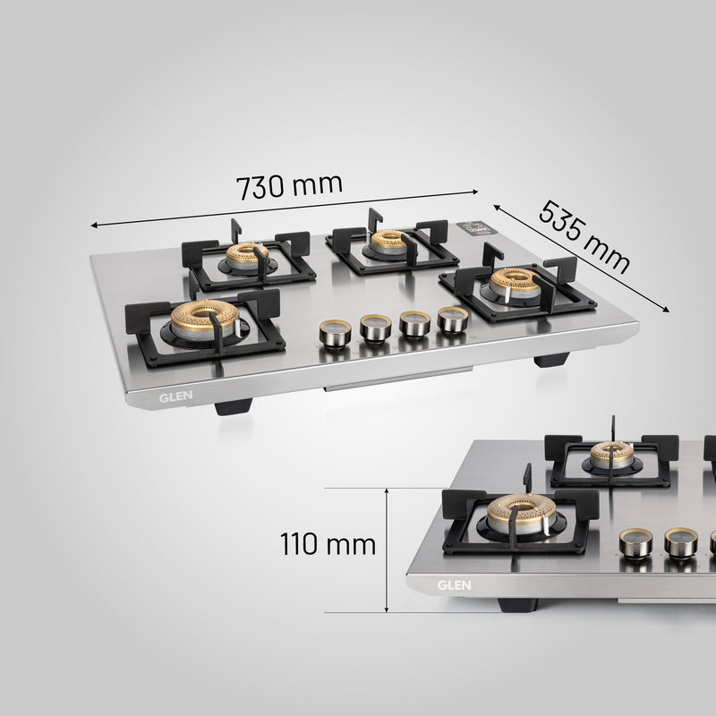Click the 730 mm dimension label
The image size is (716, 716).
tap(288, 186)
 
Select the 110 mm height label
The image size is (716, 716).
tap(328, 544)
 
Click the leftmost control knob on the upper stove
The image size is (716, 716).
tap(335, 336)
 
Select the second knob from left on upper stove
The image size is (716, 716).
tap(375, 329)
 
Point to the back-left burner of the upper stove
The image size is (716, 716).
tap(247, 256)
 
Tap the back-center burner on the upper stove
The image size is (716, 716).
tap(389, 242)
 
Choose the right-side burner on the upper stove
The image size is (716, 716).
tap(516, 283)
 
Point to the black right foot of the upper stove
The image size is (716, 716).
tap(550, 360)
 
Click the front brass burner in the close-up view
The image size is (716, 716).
tap(521, 513)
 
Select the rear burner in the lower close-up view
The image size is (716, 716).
tap(612, 456)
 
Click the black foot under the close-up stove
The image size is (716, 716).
tap(518, 605)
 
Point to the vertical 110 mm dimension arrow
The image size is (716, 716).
tap(386, 550)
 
